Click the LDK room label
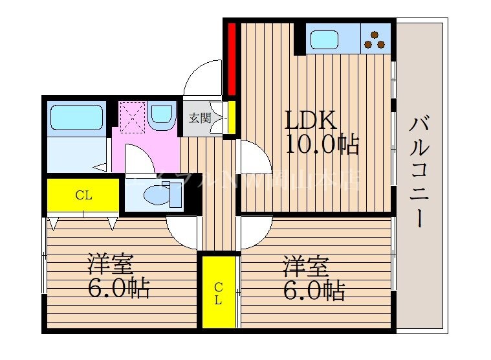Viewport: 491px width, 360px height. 311,121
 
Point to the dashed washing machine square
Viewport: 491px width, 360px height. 132,118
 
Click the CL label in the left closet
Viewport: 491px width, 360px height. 82,195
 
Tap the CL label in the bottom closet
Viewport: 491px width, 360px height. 219,294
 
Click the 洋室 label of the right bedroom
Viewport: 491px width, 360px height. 305,266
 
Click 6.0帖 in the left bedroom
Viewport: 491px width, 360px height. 118,288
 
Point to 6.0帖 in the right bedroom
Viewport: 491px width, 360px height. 314,289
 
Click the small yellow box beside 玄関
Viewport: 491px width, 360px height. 230,117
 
